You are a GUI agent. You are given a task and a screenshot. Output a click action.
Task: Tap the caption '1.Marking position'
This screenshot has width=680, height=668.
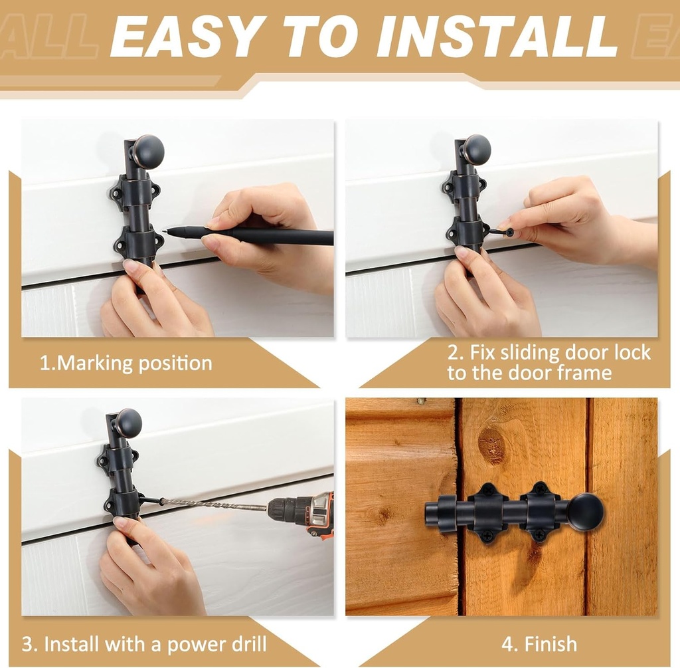126,364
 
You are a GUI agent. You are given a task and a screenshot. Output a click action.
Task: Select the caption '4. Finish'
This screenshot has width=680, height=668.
539,643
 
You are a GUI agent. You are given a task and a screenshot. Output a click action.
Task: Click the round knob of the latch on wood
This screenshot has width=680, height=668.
584,512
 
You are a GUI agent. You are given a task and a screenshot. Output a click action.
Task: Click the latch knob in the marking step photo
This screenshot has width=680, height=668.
147,151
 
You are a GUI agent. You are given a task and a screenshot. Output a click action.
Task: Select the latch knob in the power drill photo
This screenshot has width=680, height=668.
127,423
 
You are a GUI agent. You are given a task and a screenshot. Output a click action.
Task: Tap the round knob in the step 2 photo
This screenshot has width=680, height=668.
475,150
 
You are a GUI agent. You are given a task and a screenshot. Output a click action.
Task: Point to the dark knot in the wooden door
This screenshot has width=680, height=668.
491,444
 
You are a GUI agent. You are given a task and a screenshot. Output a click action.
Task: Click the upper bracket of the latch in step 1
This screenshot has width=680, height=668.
135,192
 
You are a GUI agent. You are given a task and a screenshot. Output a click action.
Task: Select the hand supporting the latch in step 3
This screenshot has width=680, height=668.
149,565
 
